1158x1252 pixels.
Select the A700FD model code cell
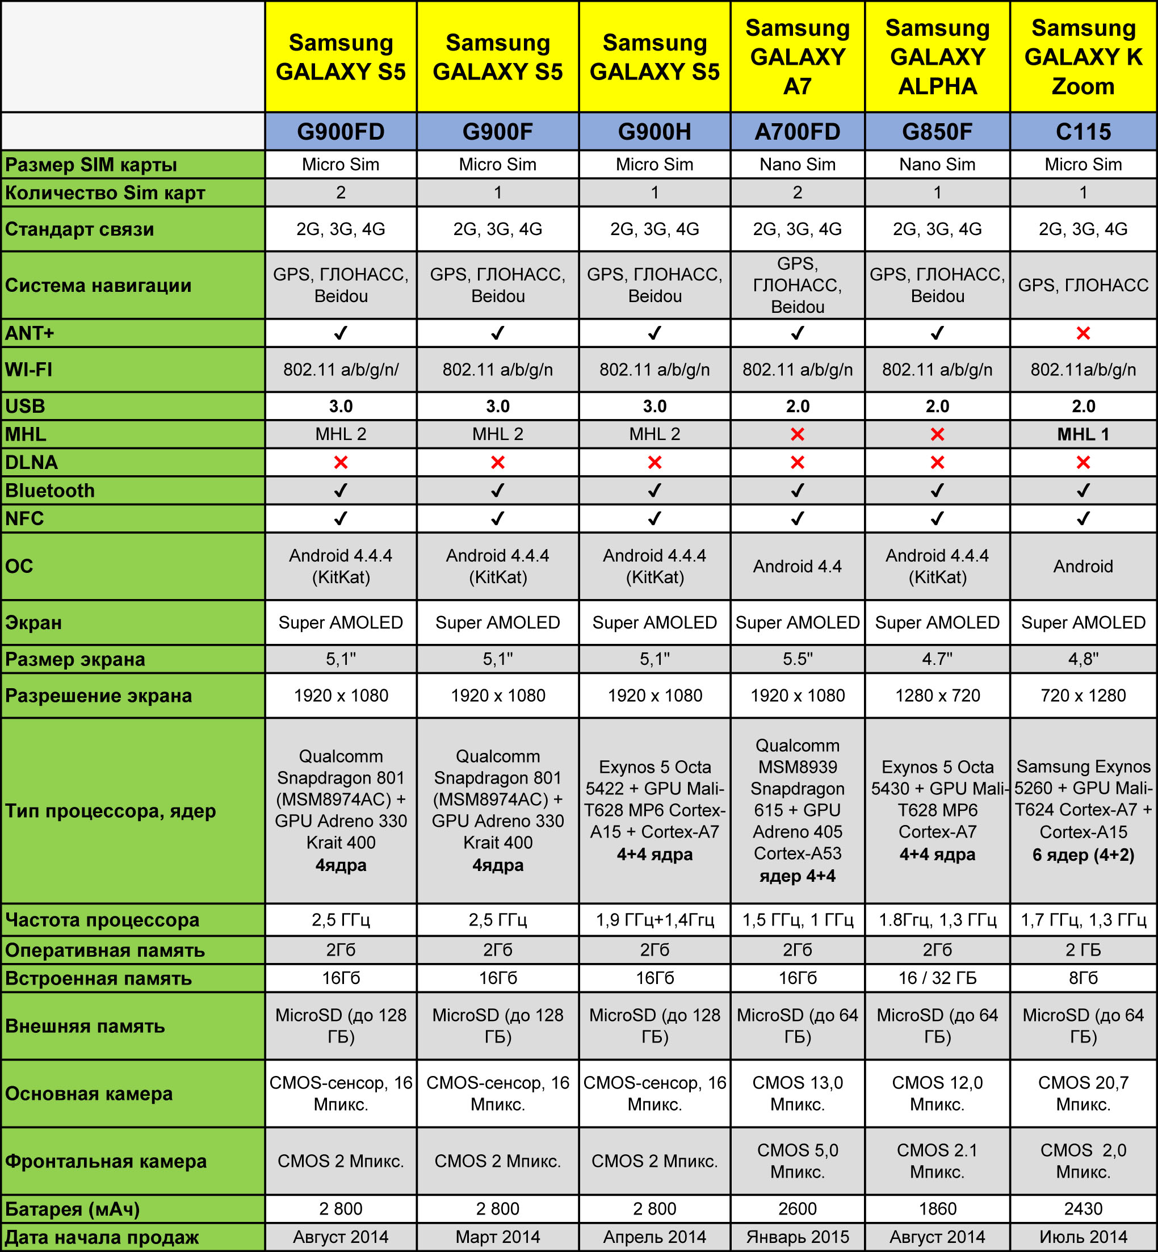click(797, 132)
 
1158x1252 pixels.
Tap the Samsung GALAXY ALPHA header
click(937, 57)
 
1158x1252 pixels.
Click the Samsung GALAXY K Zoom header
click(1083, 57)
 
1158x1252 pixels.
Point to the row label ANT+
click(30, 333)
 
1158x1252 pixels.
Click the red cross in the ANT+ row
click(1083, 333)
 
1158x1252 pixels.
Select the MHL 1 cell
click(1083, 434)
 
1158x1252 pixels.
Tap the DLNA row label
click(31, 462)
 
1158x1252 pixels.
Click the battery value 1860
click(937, 1208)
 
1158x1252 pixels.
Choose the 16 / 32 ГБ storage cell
click(937, 978)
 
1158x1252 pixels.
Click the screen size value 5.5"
click(797, 659)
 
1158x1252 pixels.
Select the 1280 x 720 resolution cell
click(937, 696)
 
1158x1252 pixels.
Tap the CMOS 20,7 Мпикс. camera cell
click(1083, 1094)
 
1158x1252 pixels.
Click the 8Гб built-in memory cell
click(1083, 978)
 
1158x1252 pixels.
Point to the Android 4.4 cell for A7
click(797, 567)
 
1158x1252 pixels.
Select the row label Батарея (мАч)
click(72, 1209)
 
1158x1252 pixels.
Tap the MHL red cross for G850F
click(937, 434)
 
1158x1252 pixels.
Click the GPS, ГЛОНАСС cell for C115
click(1083, 285)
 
